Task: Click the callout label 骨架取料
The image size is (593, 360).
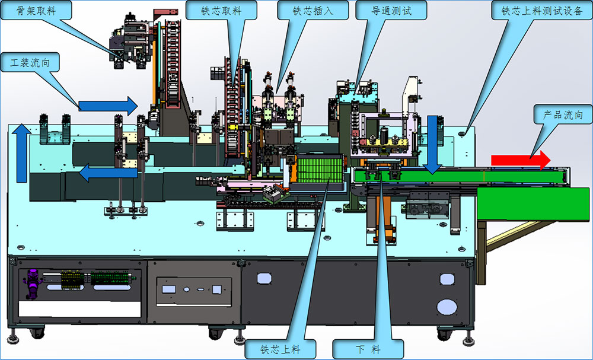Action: click(36, 10)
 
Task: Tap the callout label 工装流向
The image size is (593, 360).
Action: click(30, 62)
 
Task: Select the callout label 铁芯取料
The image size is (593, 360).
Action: click(221, 10)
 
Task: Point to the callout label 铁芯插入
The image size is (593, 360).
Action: click(313, 10)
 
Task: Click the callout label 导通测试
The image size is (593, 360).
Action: click(391, 10)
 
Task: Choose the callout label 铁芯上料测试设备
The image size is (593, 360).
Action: click(542, 10)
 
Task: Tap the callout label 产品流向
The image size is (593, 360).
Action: click(563, 114)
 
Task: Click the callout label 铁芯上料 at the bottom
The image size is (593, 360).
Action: click(280, 349)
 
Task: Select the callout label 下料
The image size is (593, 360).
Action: click(368, 349)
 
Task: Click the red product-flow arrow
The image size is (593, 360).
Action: click(521, 160)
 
